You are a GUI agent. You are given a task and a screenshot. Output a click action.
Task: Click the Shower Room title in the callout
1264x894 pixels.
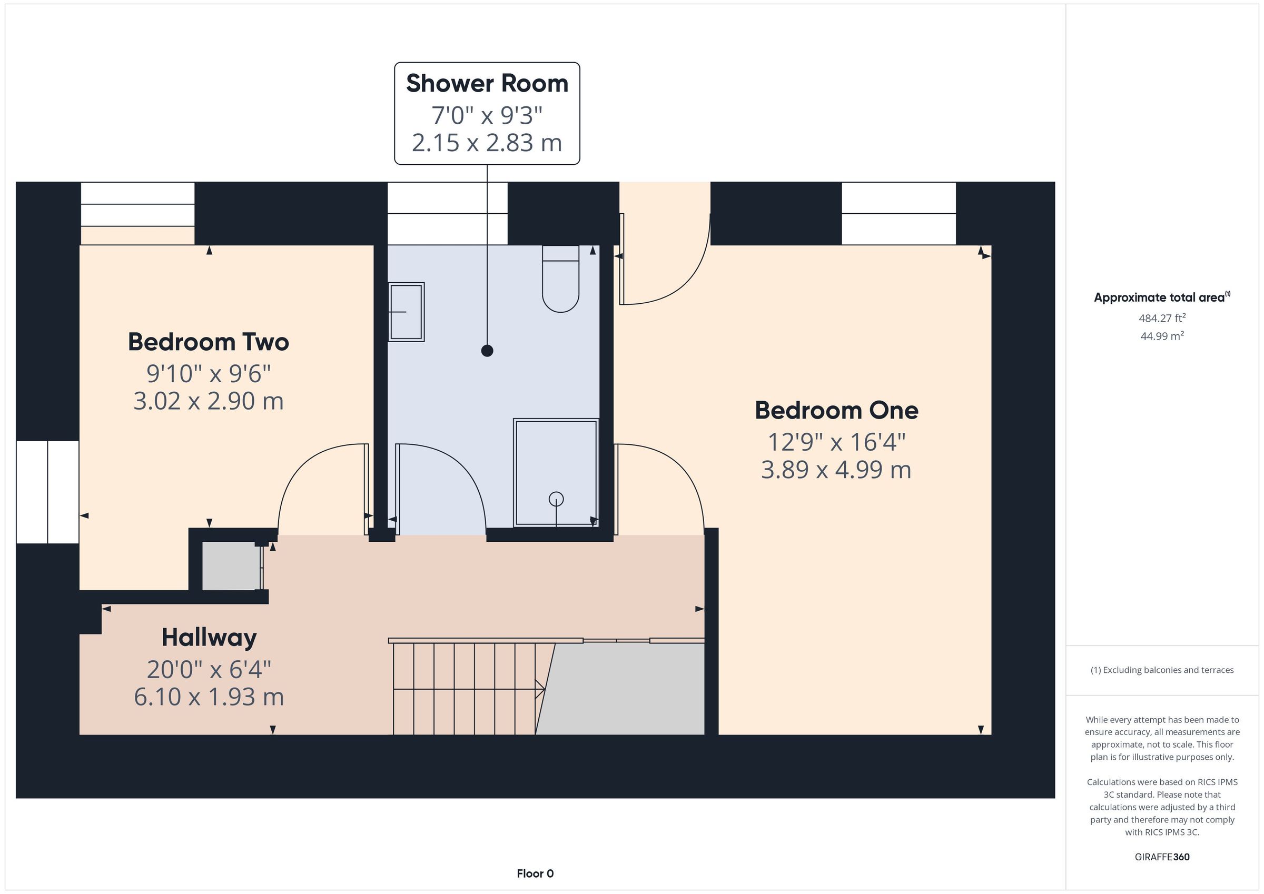(487, 84)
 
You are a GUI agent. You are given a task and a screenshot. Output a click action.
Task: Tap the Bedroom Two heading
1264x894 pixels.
(209, 342)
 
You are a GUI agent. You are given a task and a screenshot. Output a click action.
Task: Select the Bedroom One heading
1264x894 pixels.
(836, 410)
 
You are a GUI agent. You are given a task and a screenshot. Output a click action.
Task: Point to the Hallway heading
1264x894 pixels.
(209, 638)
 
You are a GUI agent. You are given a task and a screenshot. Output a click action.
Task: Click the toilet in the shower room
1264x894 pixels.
(560, 279)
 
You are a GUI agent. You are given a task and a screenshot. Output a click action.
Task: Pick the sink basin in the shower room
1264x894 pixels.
(406, 312)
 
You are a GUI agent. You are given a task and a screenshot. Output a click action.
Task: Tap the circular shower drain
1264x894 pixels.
(556, 499)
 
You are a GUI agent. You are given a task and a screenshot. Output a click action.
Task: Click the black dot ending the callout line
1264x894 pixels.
(487, 351)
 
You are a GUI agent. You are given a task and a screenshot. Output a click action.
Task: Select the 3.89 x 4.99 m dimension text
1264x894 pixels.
(836, 470)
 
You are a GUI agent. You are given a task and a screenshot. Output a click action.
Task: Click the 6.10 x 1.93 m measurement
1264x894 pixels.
(209, 697)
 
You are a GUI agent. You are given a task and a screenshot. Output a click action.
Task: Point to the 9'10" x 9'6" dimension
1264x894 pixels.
(209, 374)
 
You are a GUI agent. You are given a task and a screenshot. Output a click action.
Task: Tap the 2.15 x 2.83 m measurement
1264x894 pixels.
(487, 143)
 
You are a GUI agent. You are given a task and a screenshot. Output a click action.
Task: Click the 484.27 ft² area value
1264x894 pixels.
(1162, 318)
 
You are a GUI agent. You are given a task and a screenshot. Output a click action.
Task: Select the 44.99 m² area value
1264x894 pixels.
(1162, 336)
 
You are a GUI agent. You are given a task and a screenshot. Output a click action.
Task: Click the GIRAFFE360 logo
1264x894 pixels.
(1162, 857)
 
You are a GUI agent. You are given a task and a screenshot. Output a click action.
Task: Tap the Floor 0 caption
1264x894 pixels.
(535, 873)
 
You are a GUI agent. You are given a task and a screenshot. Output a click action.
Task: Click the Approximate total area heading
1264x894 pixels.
(1162, 297)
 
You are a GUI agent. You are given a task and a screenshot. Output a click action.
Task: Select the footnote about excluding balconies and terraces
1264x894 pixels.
(1162, 670)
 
